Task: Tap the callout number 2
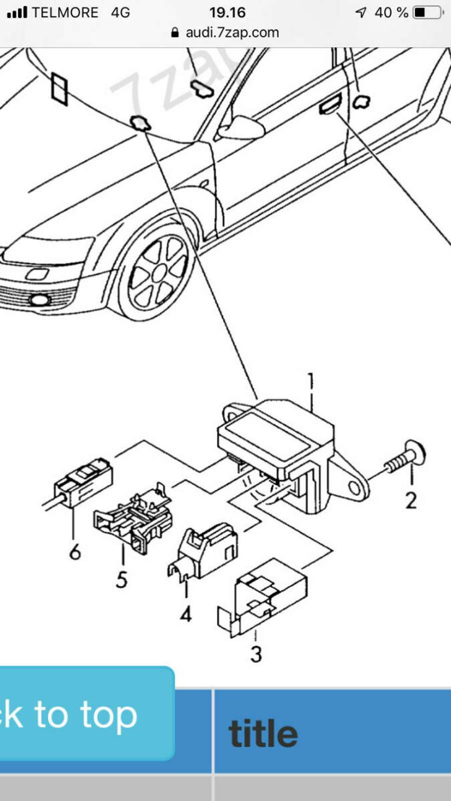tap(411, 500)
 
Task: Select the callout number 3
tap(256, 654)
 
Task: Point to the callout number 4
tap(186, 613)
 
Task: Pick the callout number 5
tap(122, 579)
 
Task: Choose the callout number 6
tap(75, 552)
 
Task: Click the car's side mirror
tap(241, 128)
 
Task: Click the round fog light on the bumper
tap(38, 300)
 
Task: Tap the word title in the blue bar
tap(263, 734)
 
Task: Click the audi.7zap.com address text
tap(232, 33)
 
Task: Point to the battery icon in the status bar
tap(427, 13)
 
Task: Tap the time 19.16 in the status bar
tap(227, 13)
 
